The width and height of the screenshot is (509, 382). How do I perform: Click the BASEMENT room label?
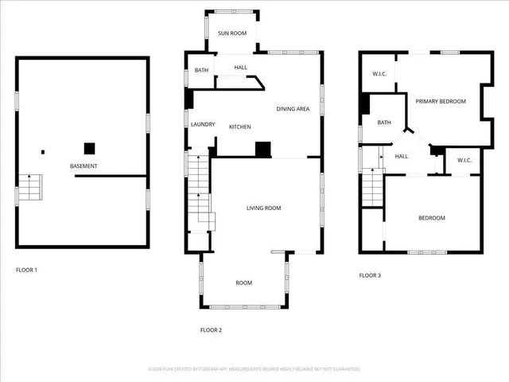(84, 166)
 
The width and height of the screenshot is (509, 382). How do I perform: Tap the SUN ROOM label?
(232, 33)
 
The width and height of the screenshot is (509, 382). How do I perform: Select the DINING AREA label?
(293, 109)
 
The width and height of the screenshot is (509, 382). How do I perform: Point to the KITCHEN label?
(240, 127)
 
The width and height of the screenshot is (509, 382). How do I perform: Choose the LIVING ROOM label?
(263, 209)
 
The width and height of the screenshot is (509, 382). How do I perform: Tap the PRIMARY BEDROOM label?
(440, 102)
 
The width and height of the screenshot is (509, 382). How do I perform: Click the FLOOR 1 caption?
(26, 270)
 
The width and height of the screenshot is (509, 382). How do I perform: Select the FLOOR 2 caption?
(211, 329)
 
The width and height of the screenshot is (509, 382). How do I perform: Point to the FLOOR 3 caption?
(370, 275)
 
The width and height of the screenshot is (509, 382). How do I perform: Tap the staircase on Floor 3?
(373, 189)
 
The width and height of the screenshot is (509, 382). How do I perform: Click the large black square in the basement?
(90, 148)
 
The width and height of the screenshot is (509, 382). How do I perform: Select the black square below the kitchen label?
(262, 149)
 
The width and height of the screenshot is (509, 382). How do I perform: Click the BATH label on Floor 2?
(202, 71)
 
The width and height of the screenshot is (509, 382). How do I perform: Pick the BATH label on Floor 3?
(384, 123)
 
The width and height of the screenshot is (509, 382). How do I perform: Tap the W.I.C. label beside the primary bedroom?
(379, 75)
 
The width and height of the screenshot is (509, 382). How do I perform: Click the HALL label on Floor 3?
(402, 156)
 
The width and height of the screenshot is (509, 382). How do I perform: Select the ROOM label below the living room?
(243, 283)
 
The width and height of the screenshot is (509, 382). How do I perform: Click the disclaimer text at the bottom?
(254, 369)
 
